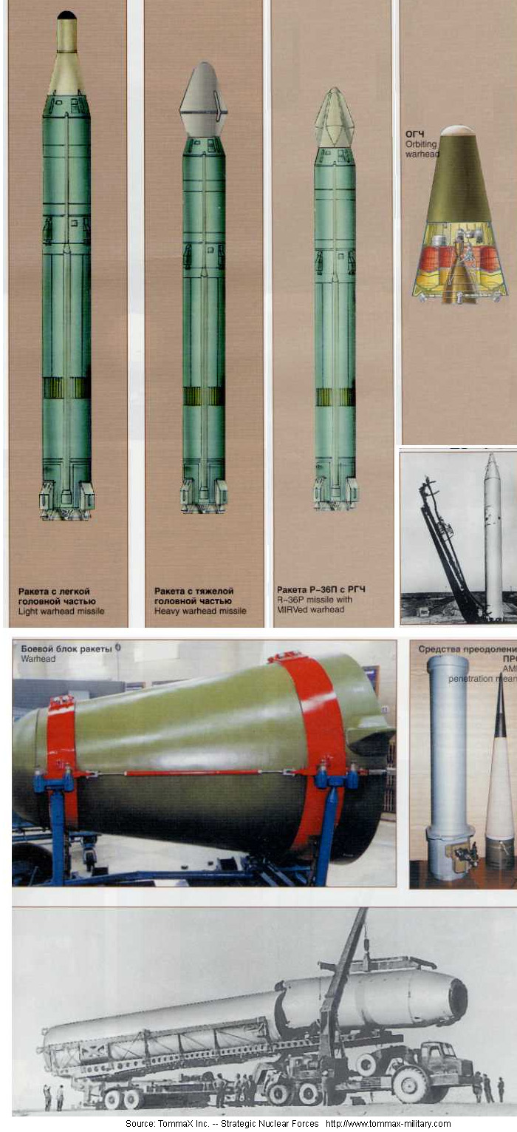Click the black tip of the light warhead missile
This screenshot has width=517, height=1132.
coord(66,15)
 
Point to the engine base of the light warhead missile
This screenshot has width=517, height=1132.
coord(66,499)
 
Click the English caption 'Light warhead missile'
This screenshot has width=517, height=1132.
coord(61,611)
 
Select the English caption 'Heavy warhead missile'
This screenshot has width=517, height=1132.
coord(200,611)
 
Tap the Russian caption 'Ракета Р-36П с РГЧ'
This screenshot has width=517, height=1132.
coord(321,589)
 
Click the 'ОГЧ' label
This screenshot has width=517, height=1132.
coord(414,134)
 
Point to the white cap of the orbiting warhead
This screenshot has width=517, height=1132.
coord(458,130)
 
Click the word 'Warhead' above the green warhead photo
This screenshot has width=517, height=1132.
coord(38,658)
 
